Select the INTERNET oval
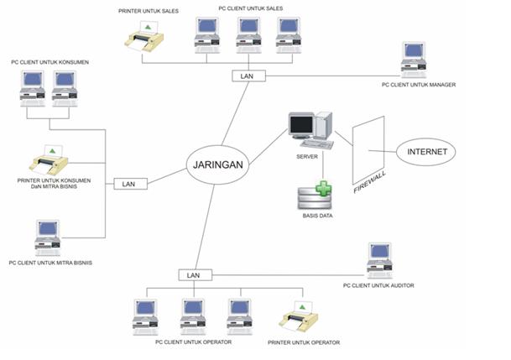pyautogui.click(x=427, y=152)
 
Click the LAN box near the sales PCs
pyautogui.click(x=248, y=76)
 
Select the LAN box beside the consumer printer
pyautogui.click(x=129, y=183)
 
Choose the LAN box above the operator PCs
pyautogui.click(x=193, y=275)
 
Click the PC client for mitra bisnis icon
pyautogui.click(x=47, y=238)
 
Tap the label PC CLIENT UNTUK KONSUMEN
pyautogui.click(x=50, y=62)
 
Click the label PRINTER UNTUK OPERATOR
pyautogui.click(x=304, y=342)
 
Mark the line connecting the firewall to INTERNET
pyautogui.click(x=393, y=152)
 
